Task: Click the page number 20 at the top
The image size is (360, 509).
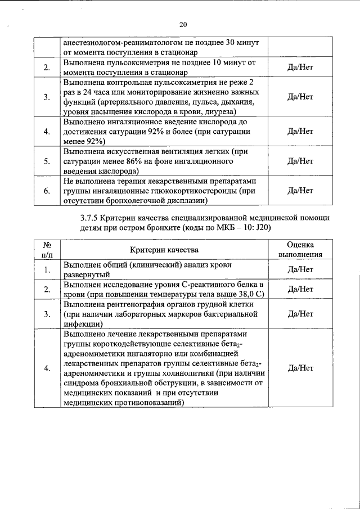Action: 183,24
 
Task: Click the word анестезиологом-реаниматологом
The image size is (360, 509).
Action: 118,43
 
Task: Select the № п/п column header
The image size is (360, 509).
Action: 47,250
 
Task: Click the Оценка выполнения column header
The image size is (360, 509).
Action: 300,250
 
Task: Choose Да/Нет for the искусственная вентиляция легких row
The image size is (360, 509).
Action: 300,161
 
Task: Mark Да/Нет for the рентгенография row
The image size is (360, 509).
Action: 300,314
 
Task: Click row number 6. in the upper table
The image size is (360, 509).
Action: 47,191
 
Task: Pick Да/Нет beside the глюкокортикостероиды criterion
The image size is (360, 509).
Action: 300,191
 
